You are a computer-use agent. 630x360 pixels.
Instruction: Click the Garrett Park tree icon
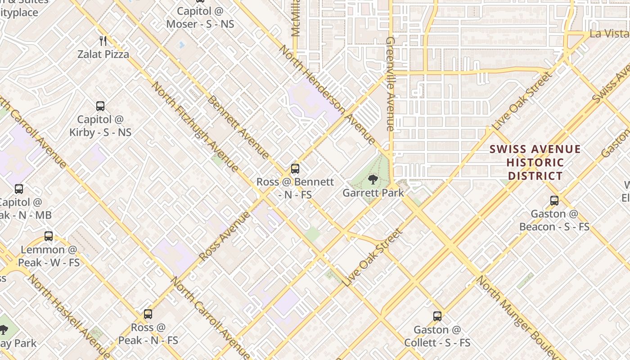(x=373, y=180)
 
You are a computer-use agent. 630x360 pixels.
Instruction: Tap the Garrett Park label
(x=373, y=193)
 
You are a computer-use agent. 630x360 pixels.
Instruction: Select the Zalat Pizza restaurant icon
(x=103, y=41)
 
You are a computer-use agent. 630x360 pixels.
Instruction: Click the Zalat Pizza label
(x=103, y=54)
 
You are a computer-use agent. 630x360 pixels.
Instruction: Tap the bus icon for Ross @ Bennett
(x=295, y=169)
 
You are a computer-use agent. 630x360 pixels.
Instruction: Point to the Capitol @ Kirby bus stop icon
(x=100, y=106)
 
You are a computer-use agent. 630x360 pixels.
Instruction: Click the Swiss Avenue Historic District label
(x=535, y=162)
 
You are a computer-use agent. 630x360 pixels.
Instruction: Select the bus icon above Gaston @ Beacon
(x=554, y=201)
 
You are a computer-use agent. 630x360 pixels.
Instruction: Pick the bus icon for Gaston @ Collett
(x=437, y=316)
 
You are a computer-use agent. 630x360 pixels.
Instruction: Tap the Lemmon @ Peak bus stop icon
(x=49, y=236)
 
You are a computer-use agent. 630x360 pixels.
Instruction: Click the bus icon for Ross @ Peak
(x=148, y=314)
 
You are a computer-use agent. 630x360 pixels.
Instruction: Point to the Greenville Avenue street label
(x=390, y=84)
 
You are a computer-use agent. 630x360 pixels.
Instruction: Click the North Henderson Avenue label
(x=327, y=95)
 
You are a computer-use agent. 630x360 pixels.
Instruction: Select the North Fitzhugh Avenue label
(x=195, y=127)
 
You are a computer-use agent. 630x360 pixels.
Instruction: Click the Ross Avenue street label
(x=225, y=236)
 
